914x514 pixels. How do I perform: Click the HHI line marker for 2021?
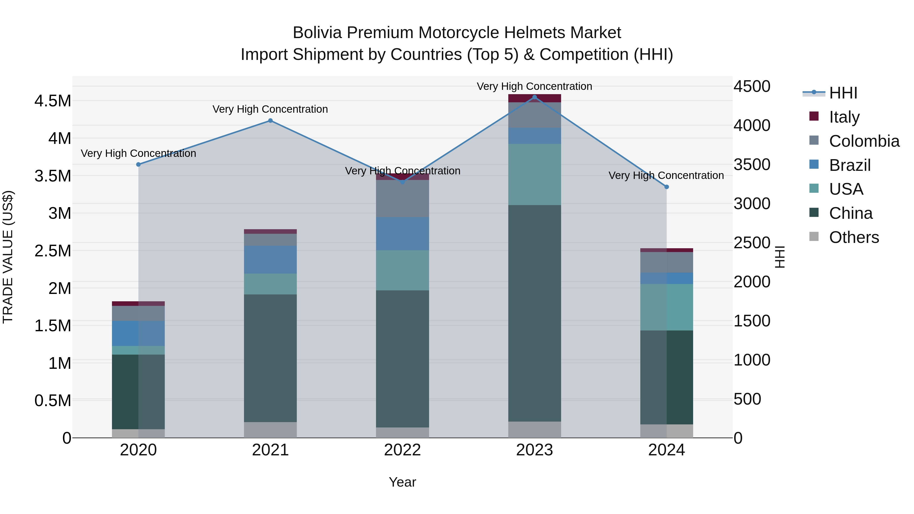pyautogui.click(x=270, y=121)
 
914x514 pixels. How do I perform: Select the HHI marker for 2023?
pyautogui.click(x=535, y=97)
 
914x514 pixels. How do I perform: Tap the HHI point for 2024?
pyautogui.click(x=666, y=187)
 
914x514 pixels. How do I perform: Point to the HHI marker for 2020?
pyautogui.click(x=138, y=164)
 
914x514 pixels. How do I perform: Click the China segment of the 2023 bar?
pyautogui.click(x=535, y=313)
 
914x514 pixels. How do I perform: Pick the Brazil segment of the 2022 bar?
pyautogui.click(x=402, y=234)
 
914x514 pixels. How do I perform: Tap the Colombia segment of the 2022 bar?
pyautogui.click(x=402, y=199)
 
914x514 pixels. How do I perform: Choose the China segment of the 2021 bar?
pyautogui.click(x=270, y=358)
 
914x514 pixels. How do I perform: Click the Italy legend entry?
pyautogui.click(x=844, y=117)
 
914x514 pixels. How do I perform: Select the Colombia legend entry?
pyautogui.click(x=864, y=141)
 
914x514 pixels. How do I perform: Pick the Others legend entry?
pyautogui.click(x=854, y=237)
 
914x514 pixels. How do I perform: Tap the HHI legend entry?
pyautogui.click(x=843, y=93)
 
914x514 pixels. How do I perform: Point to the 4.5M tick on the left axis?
pyautogui.click(x=53, y=101)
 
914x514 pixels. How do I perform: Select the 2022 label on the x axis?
pyautogui.click(x=402, y=450)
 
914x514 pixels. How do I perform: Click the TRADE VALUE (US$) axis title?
pyautogui.click(x=8, y=257)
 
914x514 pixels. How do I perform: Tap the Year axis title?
pyautogui.click(x=402, y=482)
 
